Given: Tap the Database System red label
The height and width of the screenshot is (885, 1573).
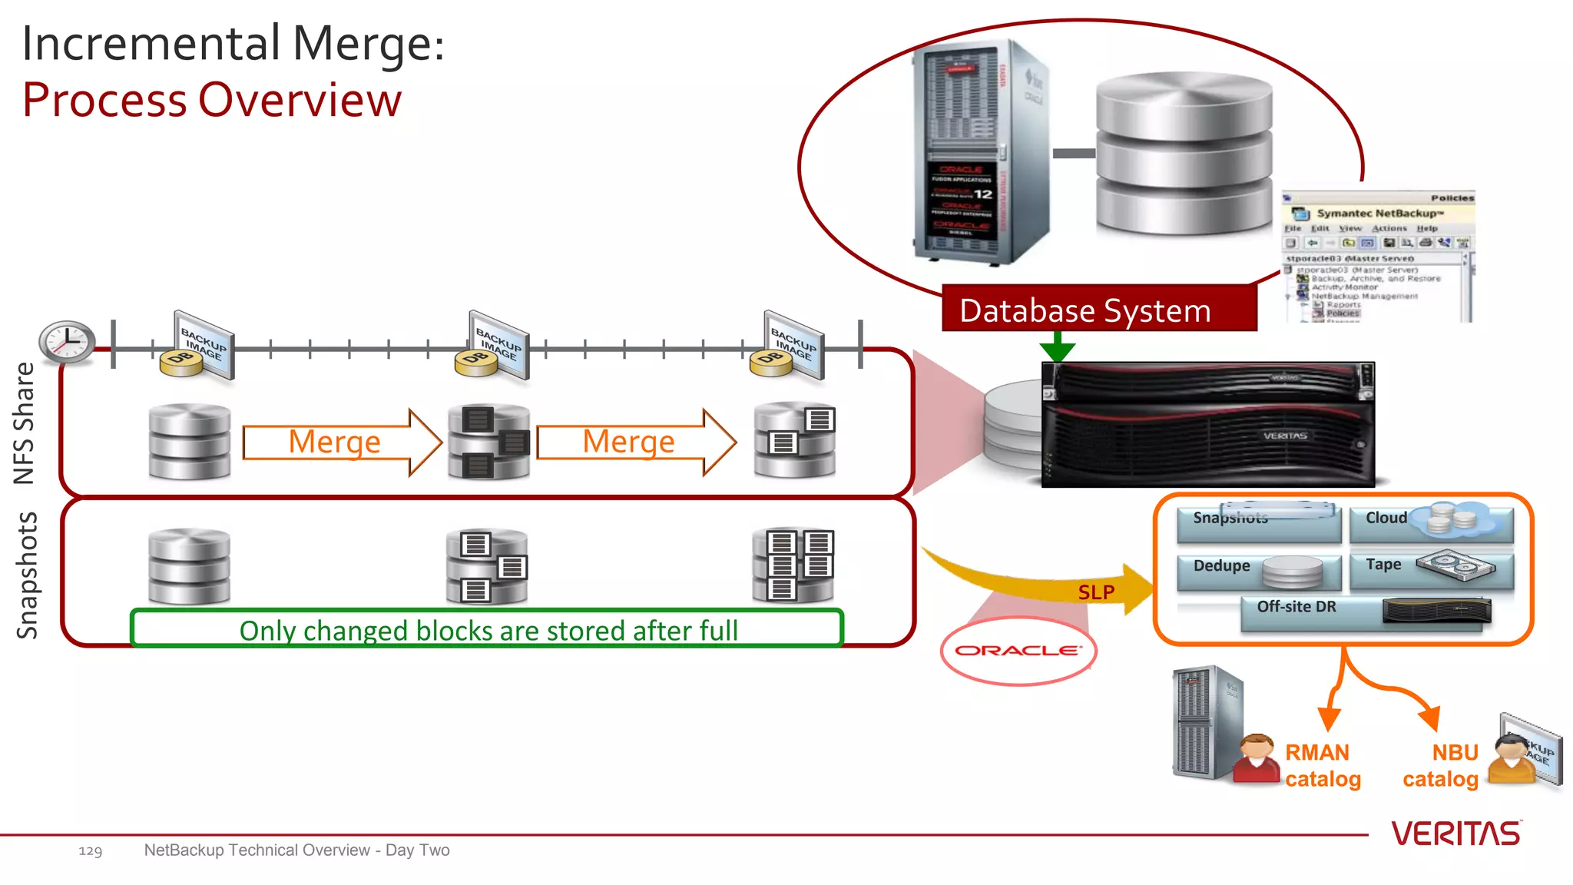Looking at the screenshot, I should point(1098,310).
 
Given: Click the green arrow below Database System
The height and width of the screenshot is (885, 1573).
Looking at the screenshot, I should point(1058,347).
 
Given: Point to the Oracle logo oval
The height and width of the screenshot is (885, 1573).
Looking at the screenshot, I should point(1018,651).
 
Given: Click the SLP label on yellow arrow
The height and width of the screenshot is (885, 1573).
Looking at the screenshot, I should point(1096,592).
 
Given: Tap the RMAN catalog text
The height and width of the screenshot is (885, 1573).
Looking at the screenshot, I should point(1322,766).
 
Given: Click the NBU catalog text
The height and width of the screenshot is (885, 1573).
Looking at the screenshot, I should point(1441,766).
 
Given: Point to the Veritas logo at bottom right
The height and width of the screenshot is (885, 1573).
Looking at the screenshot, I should point(1455,834).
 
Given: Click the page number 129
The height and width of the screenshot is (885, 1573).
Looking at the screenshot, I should point(90,851).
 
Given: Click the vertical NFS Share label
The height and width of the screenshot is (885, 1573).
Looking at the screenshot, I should point(25,423).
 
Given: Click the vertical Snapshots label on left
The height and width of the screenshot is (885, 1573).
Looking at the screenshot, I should point(27,575).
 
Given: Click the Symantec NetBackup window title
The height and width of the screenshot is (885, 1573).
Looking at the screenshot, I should point(1380,214).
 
